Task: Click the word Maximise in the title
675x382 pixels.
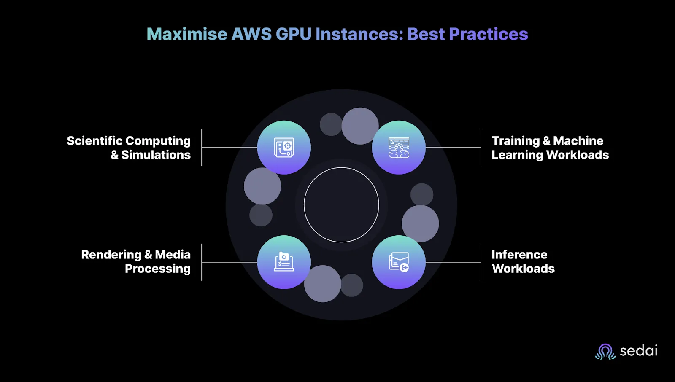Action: tap(187, 34)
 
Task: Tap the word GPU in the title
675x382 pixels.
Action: tap(294, 34)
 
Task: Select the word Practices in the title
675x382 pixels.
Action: tap(488, 34)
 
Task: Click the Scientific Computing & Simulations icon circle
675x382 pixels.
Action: tap(284, 147)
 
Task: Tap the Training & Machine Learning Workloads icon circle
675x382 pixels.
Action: tap(399, 147)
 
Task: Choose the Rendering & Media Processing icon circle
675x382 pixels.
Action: tap(284, 262)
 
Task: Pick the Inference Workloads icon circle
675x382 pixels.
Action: tap(399, 262)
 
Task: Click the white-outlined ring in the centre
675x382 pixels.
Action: tap(341, 167)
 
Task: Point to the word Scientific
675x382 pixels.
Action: tap(94, 141)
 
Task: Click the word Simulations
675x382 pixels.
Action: tap(156, 155)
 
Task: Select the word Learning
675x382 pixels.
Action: tap(517, 155)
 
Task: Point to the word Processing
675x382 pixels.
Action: tap(158, 269)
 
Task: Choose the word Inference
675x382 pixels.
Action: tap(519, 255)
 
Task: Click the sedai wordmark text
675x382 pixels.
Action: tap(639, 351)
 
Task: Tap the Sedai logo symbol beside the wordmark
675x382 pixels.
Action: tap(605, 352)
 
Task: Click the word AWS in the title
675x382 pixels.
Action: tap(251, 34)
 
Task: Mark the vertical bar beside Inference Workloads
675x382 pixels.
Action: tap(481, 262)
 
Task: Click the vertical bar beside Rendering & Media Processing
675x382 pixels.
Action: tap(202, 262)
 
